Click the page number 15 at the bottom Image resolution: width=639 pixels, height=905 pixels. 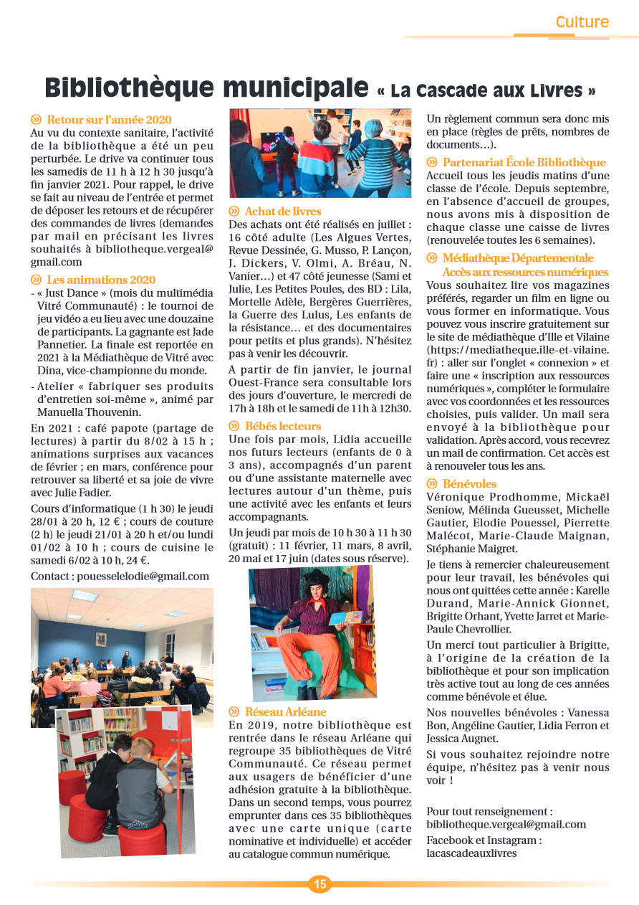[319, 884]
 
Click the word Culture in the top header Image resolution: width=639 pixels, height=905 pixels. [582, 22]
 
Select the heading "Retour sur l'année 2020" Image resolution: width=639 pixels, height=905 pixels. [109, 120]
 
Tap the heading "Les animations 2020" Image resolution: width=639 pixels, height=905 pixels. [100, 280]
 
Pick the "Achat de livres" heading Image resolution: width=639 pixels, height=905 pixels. [282, 212]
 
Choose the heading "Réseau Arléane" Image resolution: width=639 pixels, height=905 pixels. [285, 711]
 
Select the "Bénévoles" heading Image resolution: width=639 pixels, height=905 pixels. [469, 484]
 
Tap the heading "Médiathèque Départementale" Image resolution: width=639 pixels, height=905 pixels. [517, 258]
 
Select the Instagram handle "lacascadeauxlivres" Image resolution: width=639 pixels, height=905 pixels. [471, 853]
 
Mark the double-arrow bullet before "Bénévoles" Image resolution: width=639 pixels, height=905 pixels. [432, 484]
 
